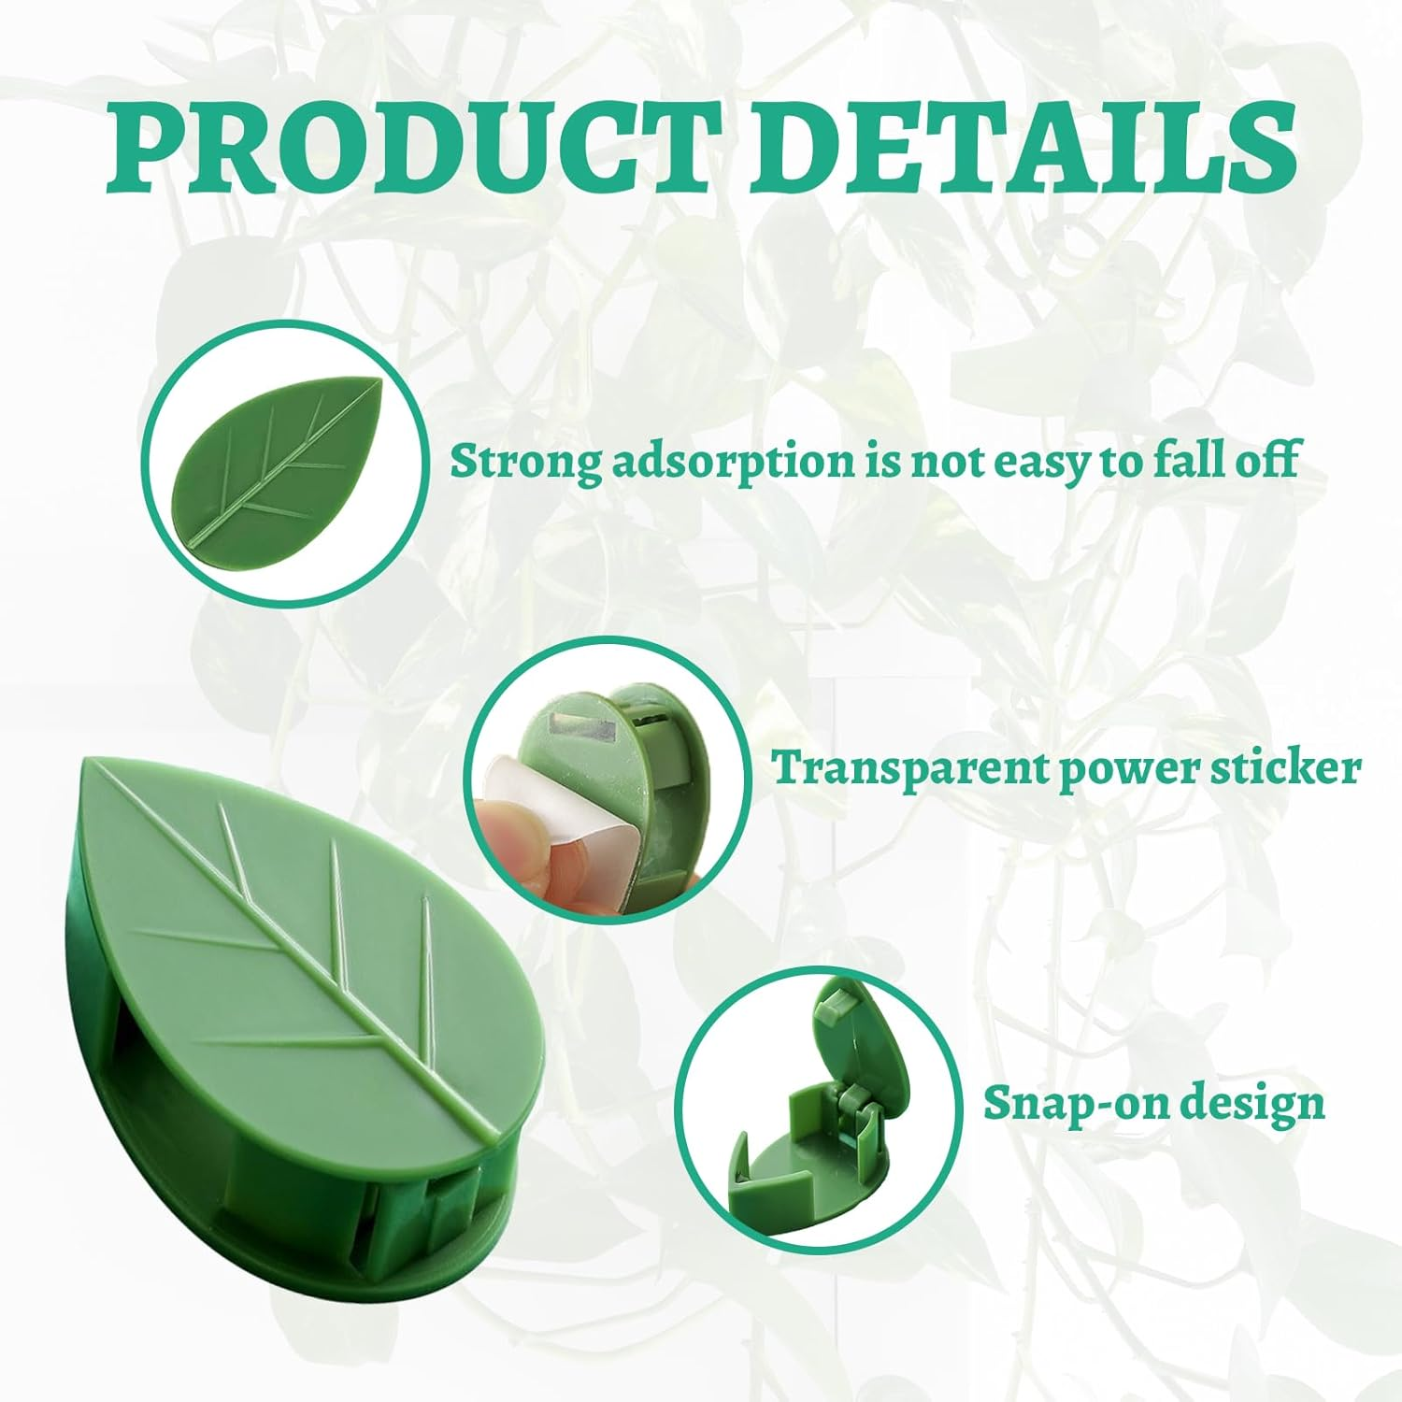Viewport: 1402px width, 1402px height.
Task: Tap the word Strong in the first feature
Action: tap(524, 462)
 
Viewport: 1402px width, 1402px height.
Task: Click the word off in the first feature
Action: tap(1266, 462)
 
